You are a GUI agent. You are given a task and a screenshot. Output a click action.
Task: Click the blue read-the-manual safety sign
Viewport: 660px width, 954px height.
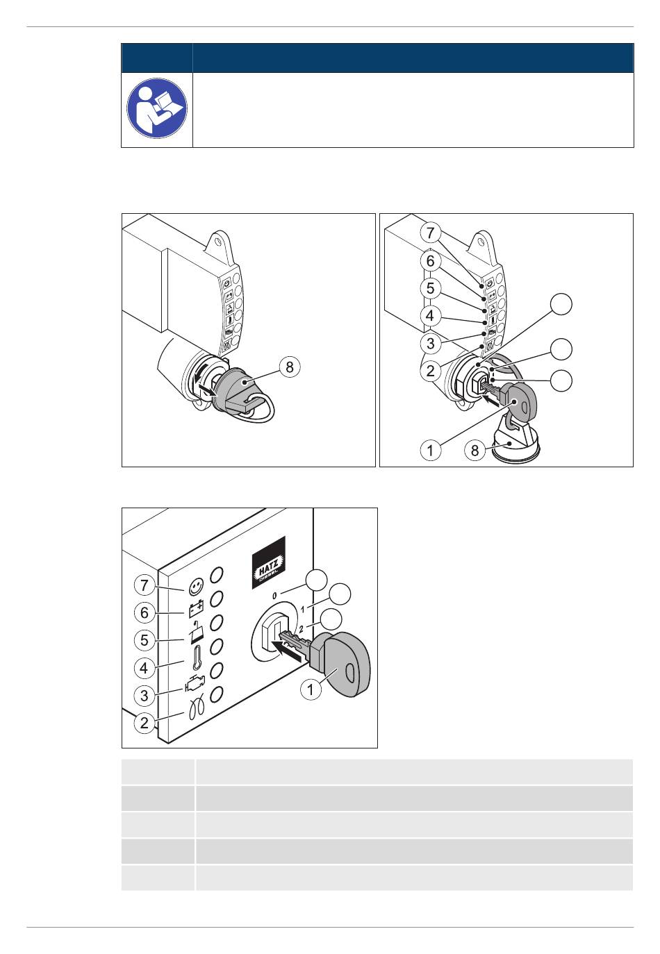[x=157, y=108]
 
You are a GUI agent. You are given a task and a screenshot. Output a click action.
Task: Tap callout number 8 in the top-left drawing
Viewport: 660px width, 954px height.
[x=290, y=367]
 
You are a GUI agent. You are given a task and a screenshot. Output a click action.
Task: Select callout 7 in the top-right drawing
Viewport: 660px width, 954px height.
[x=430, y=233]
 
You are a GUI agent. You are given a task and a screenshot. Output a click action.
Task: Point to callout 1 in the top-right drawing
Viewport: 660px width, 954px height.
[x=430, y=450]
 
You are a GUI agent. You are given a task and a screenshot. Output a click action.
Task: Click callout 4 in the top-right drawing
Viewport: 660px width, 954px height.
[x=430, y=316]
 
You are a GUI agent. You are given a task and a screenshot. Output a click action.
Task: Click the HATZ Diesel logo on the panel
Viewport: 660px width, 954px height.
[x=268, y=562]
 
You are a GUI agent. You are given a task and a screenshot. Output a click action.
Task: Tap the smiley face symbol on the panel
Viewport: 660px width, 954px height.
[x=196, y=587]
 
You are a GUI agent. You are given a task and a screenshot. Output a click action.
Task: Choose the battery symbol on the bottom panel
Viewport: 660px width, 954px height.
[x=196, y=608]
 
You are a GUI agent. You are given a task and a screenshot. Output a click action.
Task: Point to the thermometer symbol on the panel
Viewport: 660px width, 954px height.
[x=197, y=658]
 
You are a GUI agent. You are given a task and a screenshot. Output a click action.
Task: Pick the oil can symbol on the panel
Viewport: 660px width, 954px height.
[x=197, y=633]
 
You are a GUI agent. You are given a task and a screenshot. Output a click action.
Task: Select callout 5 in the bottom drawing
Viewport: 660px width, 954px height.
[x=145, y=639]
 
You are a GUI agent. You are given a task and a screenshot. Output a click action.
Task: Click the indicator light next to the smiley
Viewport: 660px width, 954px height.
[x=217, y=574]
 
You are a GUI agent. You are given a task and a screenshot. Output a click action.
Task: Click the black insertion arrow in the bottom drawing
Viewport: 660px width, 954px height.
[x=290, y=653]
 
